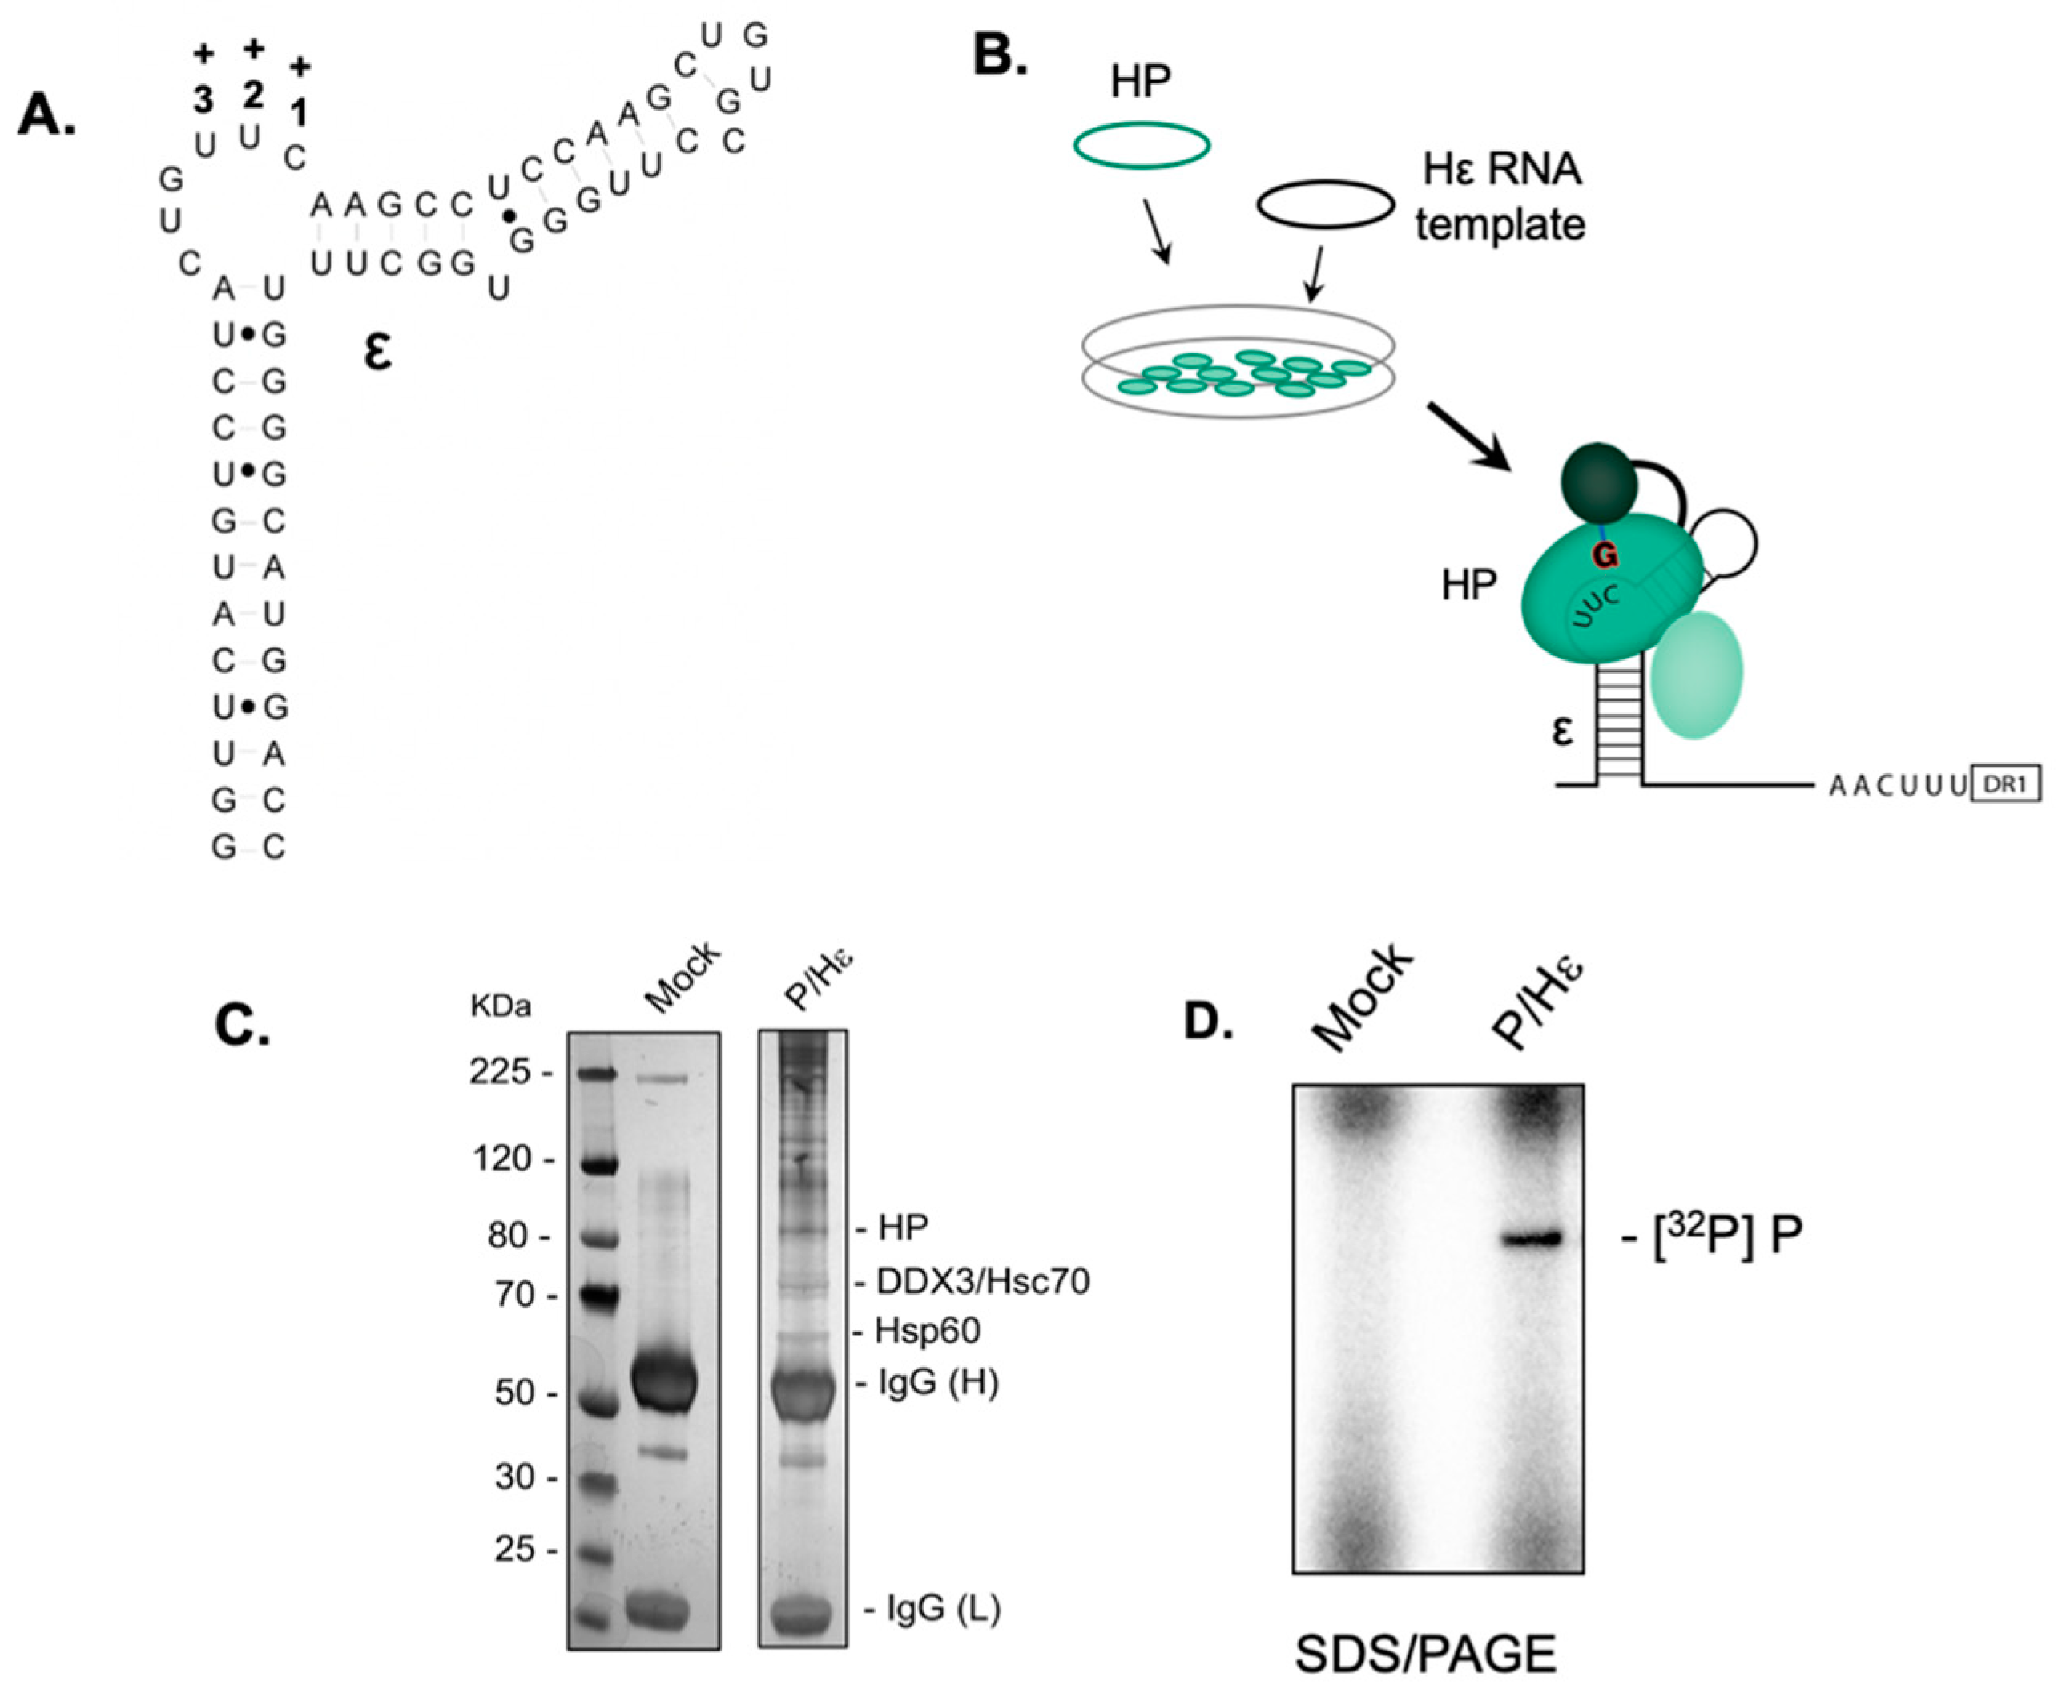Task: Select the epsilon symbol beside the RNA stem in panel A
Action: (x=377, y=353)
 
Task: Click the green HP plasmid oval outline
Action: (x=1141, y=146)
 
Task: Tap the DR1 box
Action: (x=2004, y=784)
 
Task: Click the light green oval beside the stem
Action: (x=1696, y=674)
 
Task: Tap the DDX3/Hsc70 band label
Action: (x=982, y=1282)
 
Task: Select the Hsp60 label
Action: (x=927, y=1331)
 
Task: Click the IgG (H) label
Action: (x=937, y=1382)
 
